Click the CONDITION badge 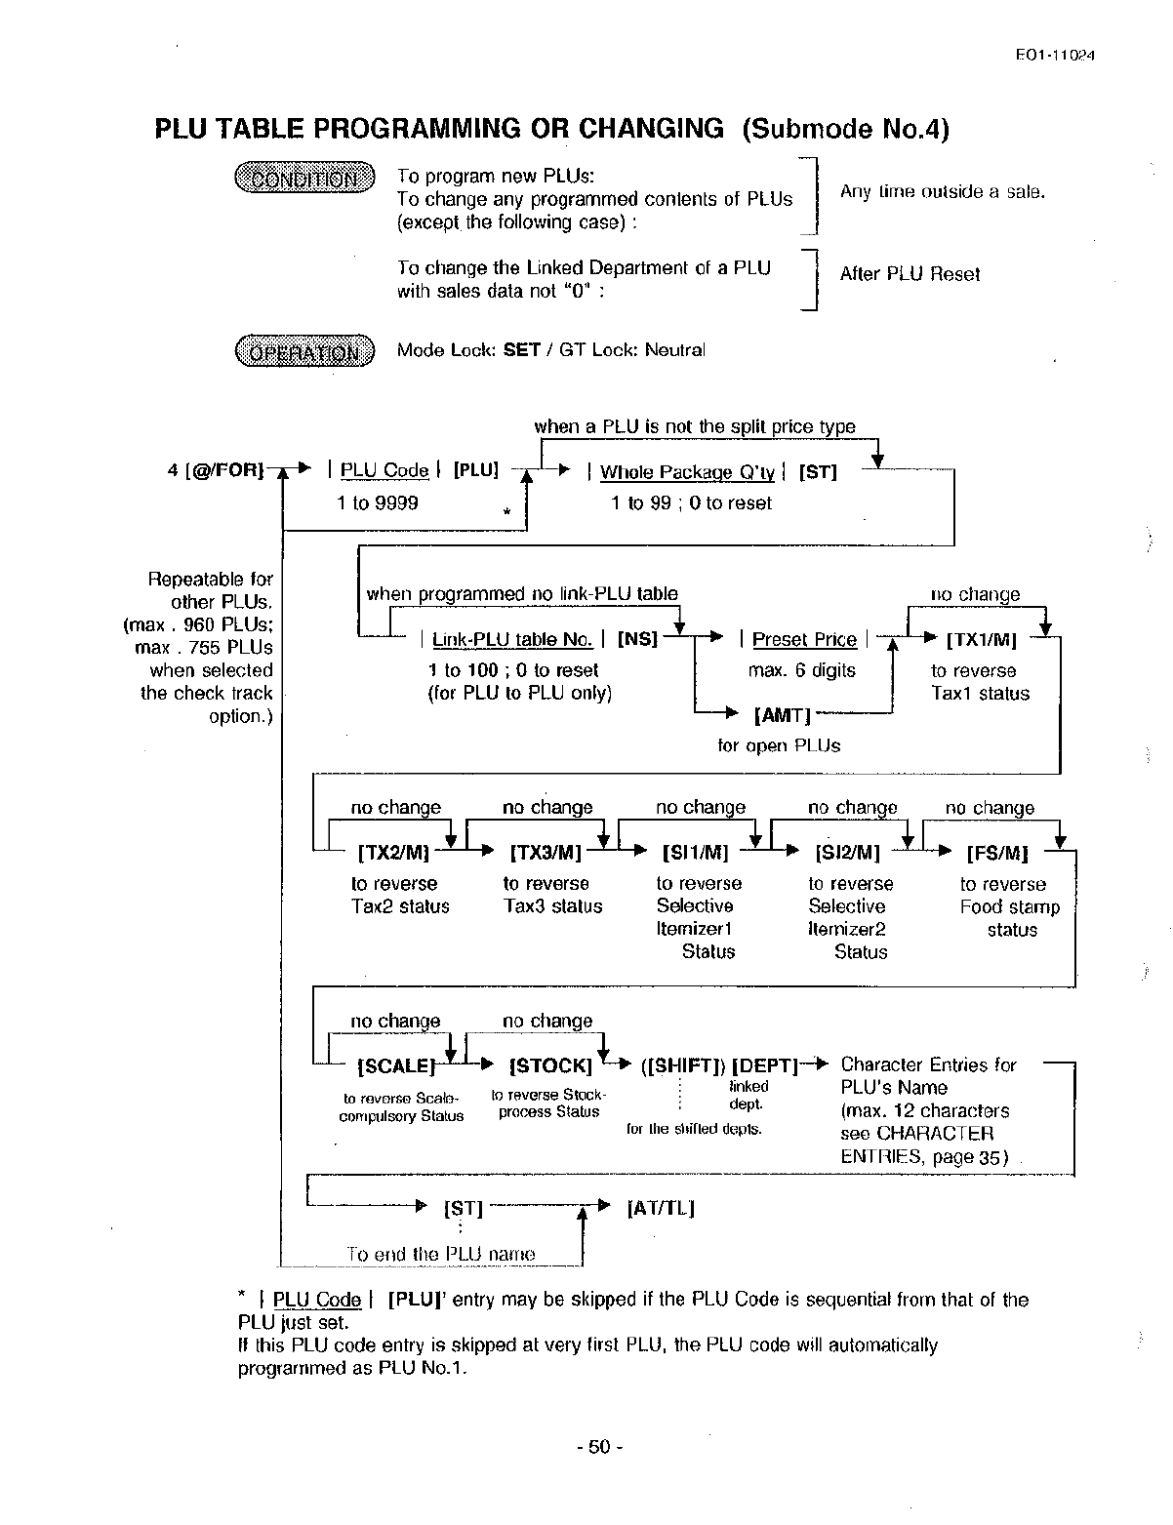(304, 179)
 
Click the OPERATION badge (304, 351)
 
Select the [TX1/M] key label (982, 641)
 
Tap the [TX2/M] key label (393, 853)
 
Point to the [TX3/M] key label (546, 853)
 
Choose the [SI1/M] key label (695, 853)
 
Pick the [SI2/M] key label (847, 853)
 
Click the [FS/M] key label (997, 854)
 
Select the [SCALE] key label (396, 1066)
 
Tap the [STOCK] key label (550, 1065)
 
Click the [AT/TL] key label (660, 1209)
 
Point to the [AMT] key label (784, 715)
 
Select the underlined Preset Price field (804, 640)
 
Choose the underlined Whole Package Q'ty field (687, 472)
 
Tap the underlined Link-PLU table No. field (512, 640)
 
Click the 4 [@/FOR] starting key (216, 470)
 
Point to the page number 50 (598, 1447)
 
